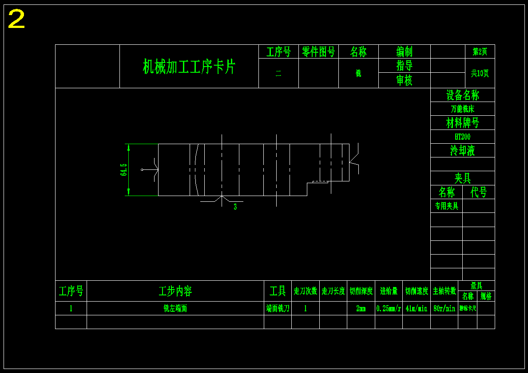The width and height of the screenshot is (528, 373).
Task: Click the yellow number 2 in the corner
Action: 16,20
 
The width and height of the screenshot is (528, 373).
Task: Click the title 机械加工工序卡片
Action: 189,67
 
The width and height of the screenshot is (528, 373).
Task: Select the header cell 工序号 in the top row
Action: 278,52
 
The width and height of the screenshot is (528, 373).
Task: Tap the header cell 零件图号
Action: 318,52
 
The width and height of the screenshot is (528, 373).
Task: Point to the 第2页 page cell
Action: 480,51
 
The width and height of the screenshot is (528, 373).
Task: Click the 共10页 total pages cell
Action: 480,73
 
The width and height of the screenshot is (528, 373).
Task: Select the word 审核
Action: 404,80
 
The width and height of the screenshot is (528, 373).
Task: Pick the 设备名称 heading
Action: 462,95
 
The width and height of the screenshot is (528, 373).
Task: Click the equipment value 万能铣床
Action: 462,109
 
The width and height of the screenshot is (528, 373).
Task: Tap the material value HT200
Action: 462,137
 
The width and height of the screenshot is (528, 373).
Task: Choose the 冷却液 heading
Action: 462,150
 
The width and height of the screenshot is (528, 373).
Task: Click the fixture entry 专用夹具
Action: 446,206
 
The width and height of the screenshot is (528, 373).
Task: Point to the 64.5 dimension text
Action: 124,170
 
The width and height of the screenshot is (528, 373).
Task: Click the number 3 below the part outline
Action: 235,207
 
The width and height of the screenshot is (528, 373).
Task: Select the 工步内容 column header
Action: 175,291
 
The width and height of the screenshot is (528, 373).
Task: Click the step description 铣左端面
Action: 175,308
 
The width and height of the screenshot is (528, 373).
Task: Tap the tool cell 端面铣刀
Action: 278,308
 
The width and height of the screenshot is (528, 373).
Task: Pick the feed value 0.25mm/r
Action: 389,308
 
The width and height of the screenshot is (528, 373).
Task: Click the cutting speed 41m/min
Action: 416,308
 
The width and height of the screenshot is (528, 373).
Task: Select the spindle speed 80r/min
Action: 444,308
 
